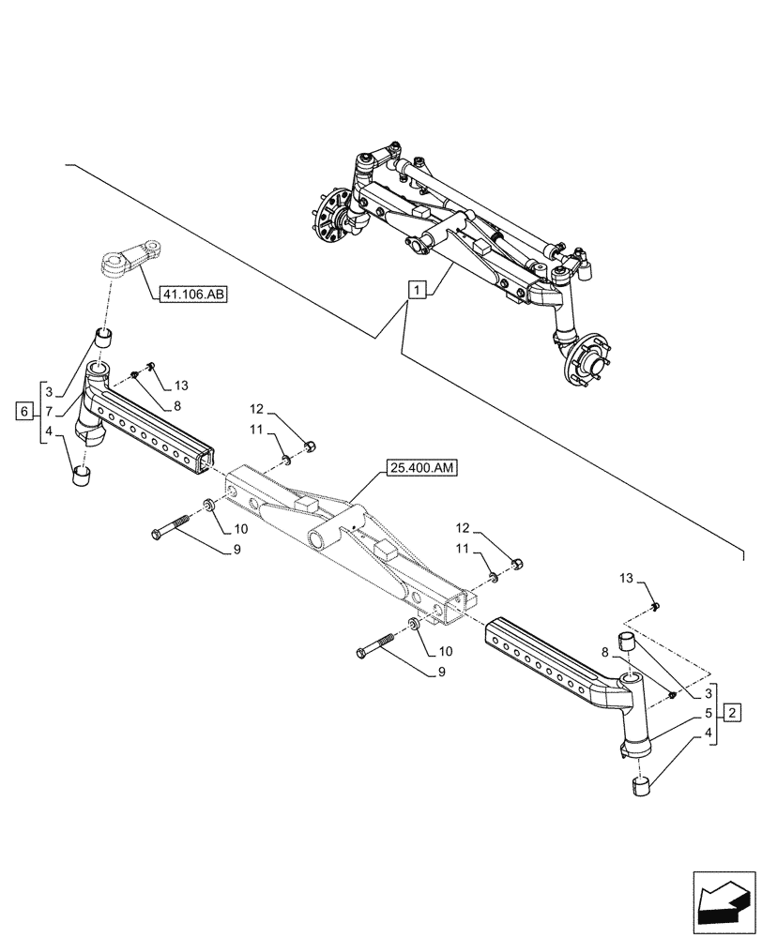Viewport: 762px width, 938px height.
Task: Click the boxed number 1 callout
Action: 416,289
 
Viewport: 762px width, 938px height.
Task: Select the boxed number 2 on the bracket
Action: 734,711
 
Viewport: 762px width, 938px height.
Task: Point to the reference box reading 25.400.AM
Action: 419,468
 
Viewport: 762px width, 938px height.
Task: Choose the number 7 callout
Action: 48,411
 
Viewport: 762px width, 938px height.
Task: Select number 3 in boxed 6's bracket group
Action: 48,391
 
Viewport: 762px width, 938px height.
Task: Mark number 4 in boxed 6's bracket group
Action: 48,432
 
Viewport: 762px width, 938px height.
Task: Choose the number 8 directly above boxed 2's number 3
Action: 605,651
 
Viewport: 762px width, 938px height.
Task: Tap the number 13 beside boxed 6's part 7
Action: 181,386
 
